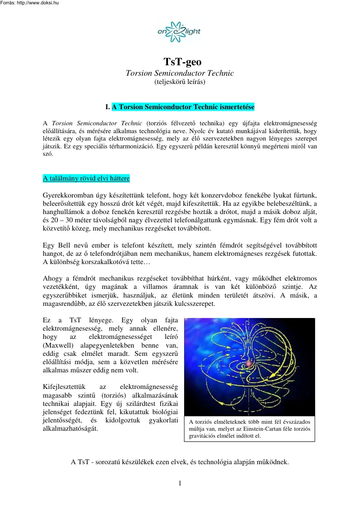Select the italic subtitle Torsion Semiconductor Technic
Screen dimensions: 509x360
[x=179, y=73]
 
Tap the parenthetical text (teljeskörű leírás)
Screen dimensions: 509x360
[x=180, y=81]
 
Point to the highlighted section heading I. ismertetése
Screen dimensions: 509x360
[x=183, y=107]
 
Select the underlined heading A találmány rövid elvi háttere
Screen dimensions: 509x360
[x=86, y=178]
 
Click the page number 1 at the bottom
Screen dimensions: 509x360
[x=180, y=483]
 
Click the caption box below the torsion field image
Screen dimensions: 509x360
[x=249, y=429]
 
